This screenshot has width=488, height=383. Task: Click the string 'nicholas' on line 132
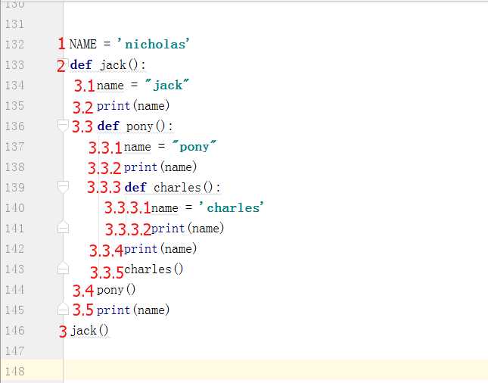point(154,44)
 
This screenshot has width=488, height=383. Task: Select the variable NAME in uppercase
point(82,44)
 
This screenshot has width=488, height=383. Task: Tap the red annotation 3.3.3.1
point(128,207)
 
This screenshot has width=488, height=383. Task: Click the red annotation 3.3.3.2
point(128,229)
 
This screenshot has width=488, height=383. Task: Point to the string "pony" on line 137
point(194,146)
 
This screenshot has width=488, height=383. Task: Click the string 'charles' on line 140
point(232,207)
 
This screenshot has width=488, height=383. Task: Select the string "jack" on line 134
point(167,85)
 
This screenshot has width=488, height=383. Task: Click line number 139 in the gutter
point(14,188)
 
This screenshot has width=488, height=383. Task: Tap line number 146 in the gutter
point(14,330)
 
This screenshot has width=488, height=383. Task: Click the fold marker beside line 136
point(63,126)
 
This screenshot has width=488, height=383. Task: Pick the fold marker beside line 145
point(63,310)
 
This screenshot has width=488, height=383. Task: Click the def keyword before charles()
point(135,187)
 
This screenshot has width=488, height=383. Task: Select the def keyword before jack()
point(81,64)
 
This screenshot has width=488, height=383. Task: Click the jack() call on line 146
point(89,331)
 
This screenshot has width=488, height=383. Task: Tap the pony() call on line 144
point(116,290)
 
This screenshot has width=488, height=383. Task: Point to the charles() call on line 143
point(154,269)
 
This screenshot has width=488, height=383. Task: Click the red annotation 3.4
point(83,291)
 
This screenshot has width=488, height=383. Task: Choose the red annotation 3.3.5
point(107,272)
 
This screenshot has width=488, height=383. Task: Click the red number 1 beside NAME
point(61,43)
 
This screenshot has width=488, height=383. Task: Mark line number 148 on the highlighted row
point(14,371)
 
